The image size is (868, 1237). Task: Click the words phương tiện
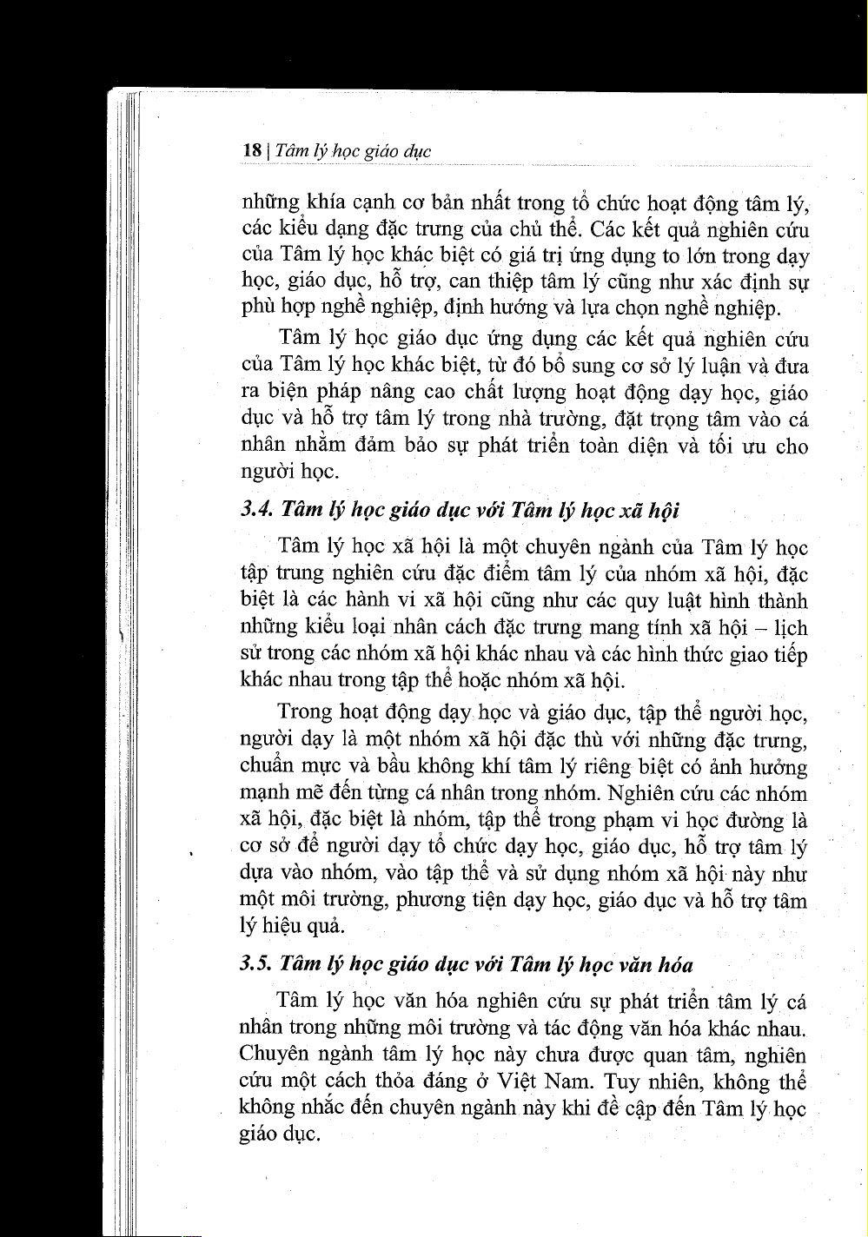click(449, 900)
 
